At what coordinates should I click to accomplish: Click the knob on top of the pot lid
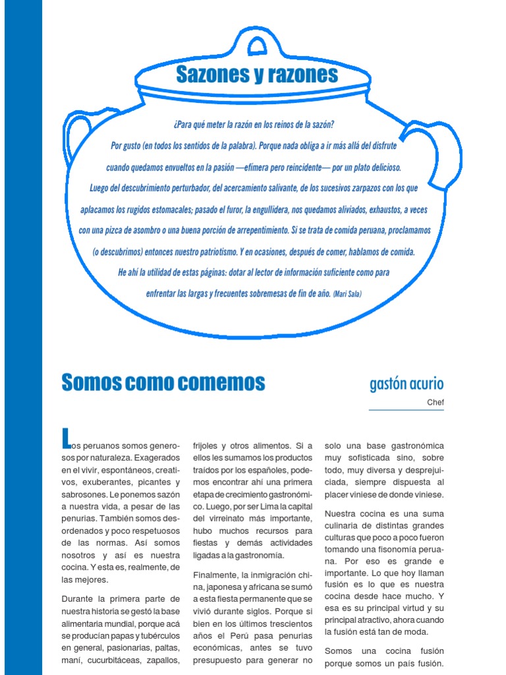(257, 45)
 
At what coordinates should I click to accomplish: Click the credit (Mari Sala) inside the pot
(347, 293)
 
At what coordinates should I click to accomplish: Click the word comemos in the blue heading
(222, 382)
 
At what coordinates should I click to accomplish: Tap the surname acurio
(428, 384)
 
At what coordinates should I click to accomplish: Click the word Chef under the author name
(436, 401)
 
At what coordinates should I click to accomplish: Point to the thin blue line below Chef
(406, 410)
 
